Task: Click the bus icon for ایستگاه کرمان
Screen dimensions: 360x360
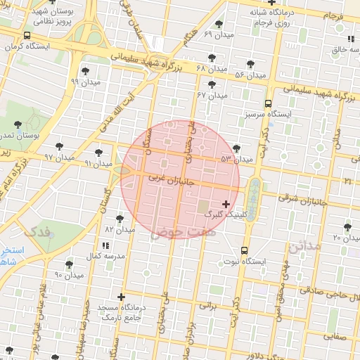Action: [27, 36]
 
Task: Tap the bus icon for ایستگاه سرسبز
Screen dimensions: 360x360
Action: [269, 103]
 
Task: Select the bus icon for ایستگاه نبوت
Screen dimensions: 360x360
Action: [245, 250]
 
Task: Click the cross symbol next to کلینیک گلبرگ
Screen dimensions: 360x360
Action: [225, 204]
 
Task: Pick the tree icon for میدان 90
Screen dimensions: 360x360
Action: [69, 264]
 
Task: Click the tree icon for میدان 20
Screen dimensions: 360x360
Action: [347, 226]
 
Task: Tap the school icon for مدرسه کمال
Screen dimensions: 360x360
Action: [106, 245]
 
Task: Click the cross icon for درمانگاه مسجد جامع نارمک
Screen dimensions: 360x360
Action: [122, 297]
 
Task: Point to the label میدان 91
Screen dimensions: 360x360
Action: [98, 163]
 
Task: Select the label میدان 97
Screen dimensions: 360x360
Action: [58, 157]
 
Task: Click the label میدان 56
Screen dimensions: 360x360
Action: [250, 75]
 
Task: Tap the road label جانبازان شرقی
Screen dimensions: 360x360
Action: [304, 198]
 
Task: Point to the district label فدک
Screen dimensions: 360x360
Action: [38, 231]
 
